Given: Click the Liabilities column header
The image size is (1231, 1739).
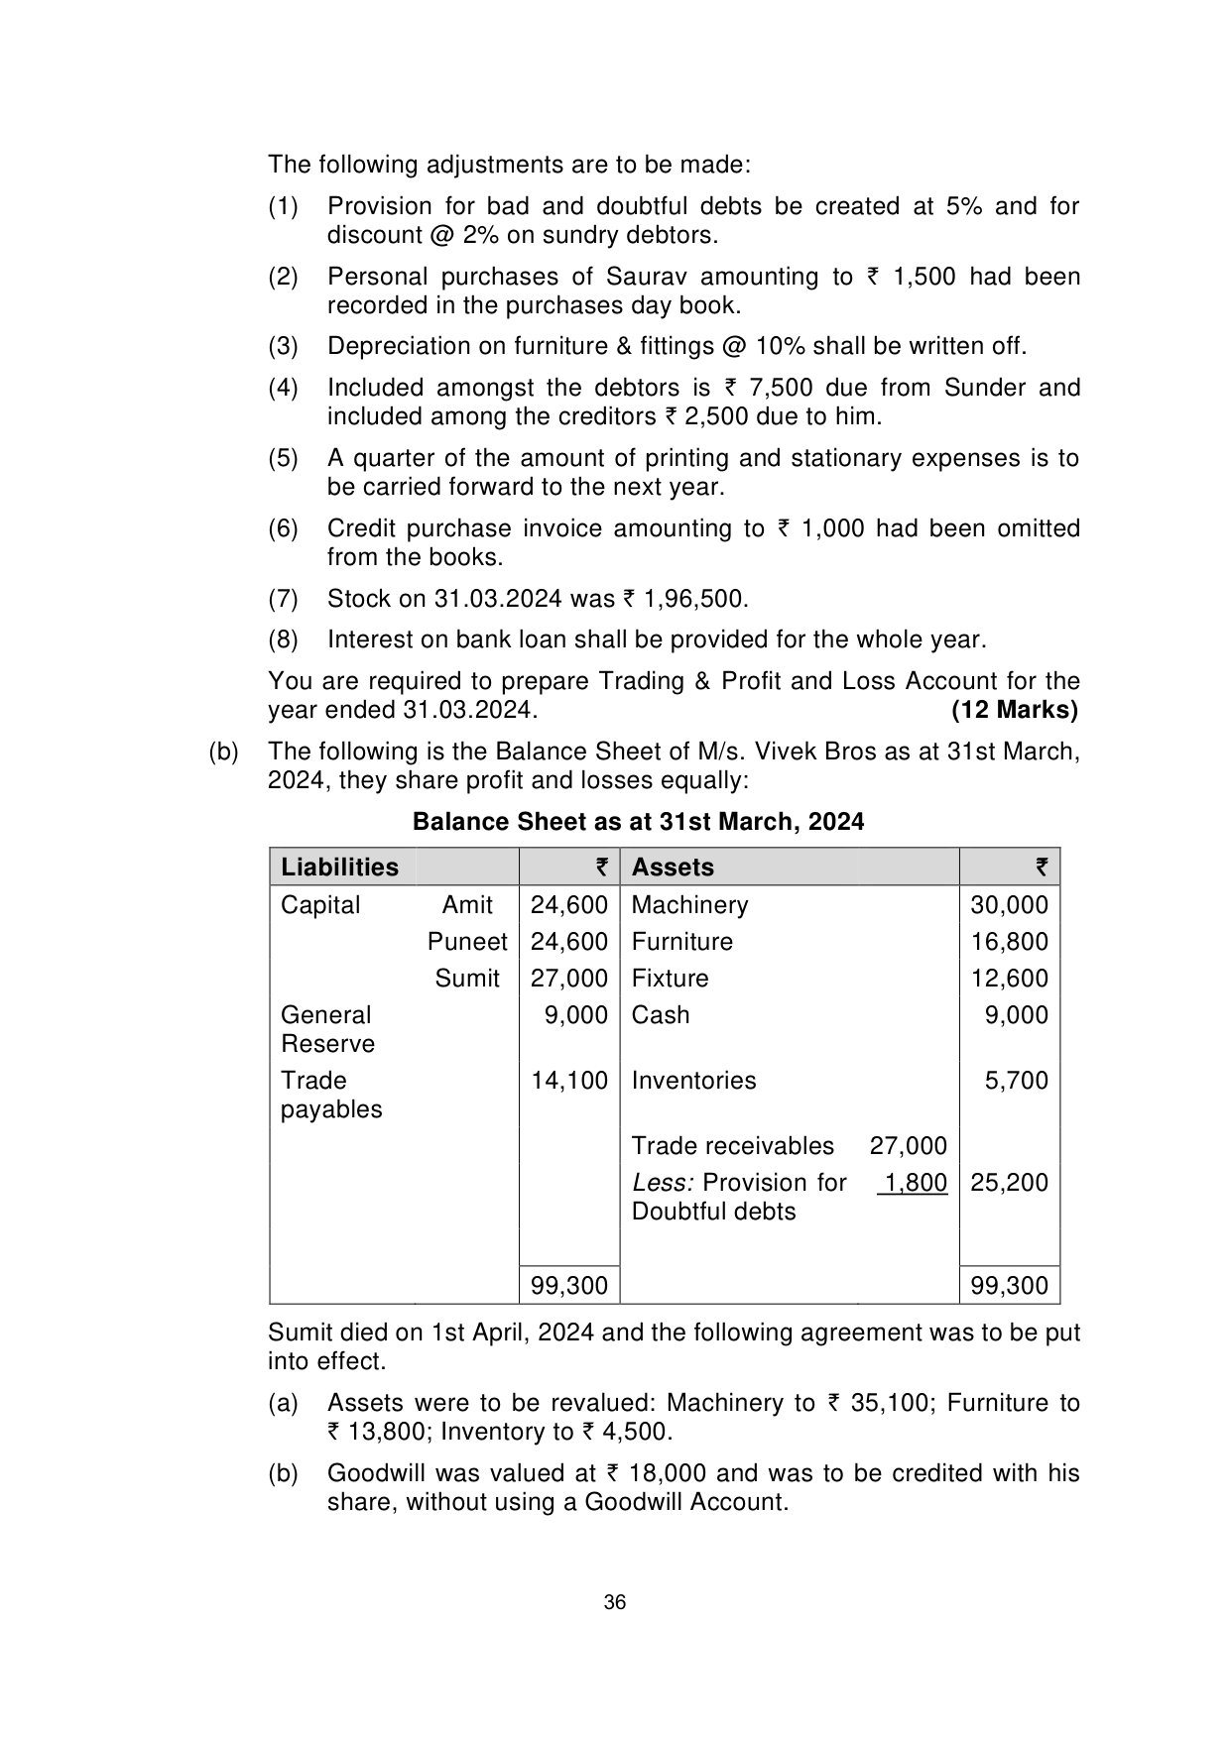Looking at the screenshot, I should point(339,868).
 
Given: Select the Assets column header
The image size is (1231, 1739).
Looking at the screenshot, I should point(673,868).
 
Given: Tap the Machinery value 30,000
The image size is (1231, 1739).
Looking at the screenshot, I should point(1009,905).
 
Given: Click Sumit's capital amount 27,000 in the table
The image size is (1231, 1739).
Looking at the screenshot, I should point(568,979).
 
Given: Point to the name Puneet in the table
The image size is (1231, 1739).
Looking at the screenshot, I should point(467,942).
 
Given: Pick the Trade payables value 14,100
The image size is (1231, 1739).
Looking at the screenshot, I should point(568,1081).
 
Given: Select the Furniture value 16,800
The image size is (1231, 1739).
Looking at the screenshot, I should point(1009,942).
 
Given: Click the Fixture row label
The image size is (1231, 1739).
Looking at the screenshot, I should point(670,979).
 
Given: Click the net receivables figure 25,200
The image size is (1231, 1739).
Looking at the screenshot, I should point(1009,1183).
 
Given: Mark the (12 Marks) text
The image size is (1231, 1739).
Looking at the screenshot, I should point(1014,710).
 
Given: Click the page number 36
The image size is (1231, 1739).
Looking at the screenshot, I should point(615,1603).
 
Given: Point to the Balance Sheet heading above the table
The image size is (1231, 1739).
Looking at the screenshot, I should point(638,822).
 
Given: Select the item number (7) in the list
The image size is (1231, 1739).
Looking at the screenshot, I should point(283,599).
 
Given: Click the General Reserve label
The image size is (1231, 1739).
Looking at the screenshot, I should point(327,1029).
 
